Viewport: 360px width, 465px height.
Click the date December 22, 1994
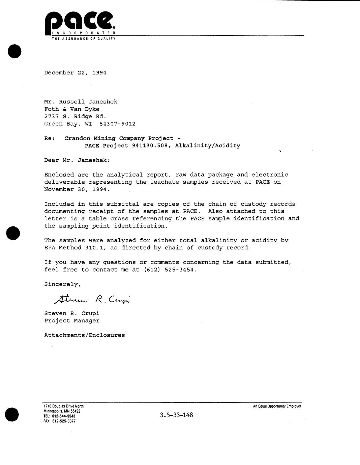[75, 73]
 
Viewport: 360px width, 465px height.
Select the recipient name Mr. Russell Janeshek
[81, 102]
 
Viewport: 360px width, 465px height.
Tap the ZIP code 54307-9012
[118, 124]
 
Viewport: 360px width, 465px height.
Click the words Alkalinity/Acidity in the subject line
[208, 146]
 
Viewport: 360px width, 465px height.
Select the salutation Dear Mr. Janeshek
[77, 160]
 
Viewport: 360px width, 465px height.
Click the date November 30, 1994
[77, 189]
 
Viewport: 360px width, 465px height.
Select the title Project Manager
[72, 321]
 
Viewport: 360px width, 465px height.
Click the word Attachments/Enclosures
[84, 335]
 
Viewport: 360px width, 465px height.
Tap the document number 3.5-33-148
[176, 415]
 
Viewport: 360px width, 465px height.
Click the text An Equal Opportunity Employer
[277, 406]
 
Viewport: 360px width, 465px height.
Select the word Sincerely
[62, 284]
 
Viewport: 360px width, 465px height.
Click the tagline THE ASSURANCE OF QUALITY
[83, 39]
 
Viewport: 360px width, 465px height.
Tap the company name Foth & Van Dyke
[72, 109]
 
